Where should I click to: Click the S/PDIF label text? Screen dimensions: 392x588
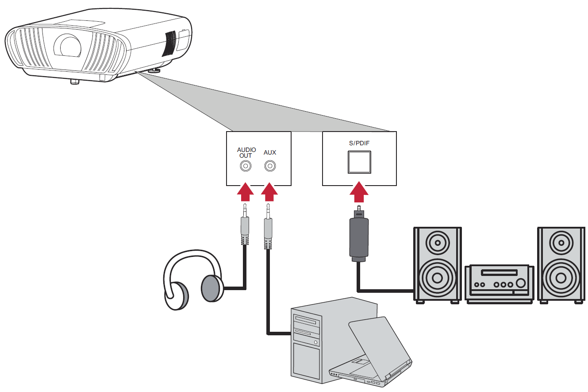tap(359, 144)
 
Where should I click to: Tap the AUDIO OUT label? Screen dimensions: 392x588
tap(246, 153)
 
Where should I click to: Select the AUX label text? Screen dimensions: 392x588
tap(269, 152)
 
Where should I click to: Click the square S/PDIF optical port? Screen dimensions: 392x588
tap(359, 163)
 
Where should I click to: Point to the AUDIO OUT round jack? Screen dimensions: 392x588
tap(246, 166)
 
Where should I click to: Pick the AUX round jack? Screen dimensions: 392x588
tap(269, 166)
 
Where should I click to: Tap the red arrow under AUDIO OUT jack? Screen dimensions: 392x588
tap(246, 192)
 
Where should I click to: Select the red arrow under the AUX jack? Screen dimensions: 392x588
tap(269, 192)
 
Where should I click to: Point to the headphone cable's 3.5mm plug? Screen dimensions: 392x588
tap(245, 226)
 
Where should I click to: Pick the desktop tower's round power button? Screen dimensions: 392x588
tap(315, 342)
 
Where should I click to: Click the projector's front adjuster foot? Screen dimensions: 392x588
tap(74, 82)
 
